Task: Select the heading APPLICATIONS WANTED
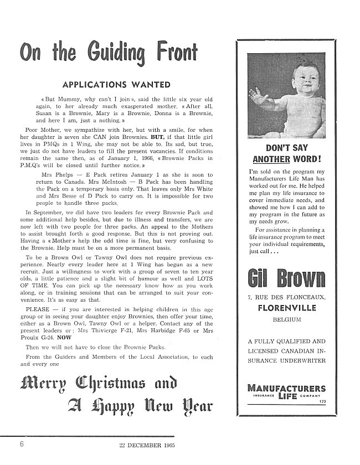pyautogui.click(x=116, y=85)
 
